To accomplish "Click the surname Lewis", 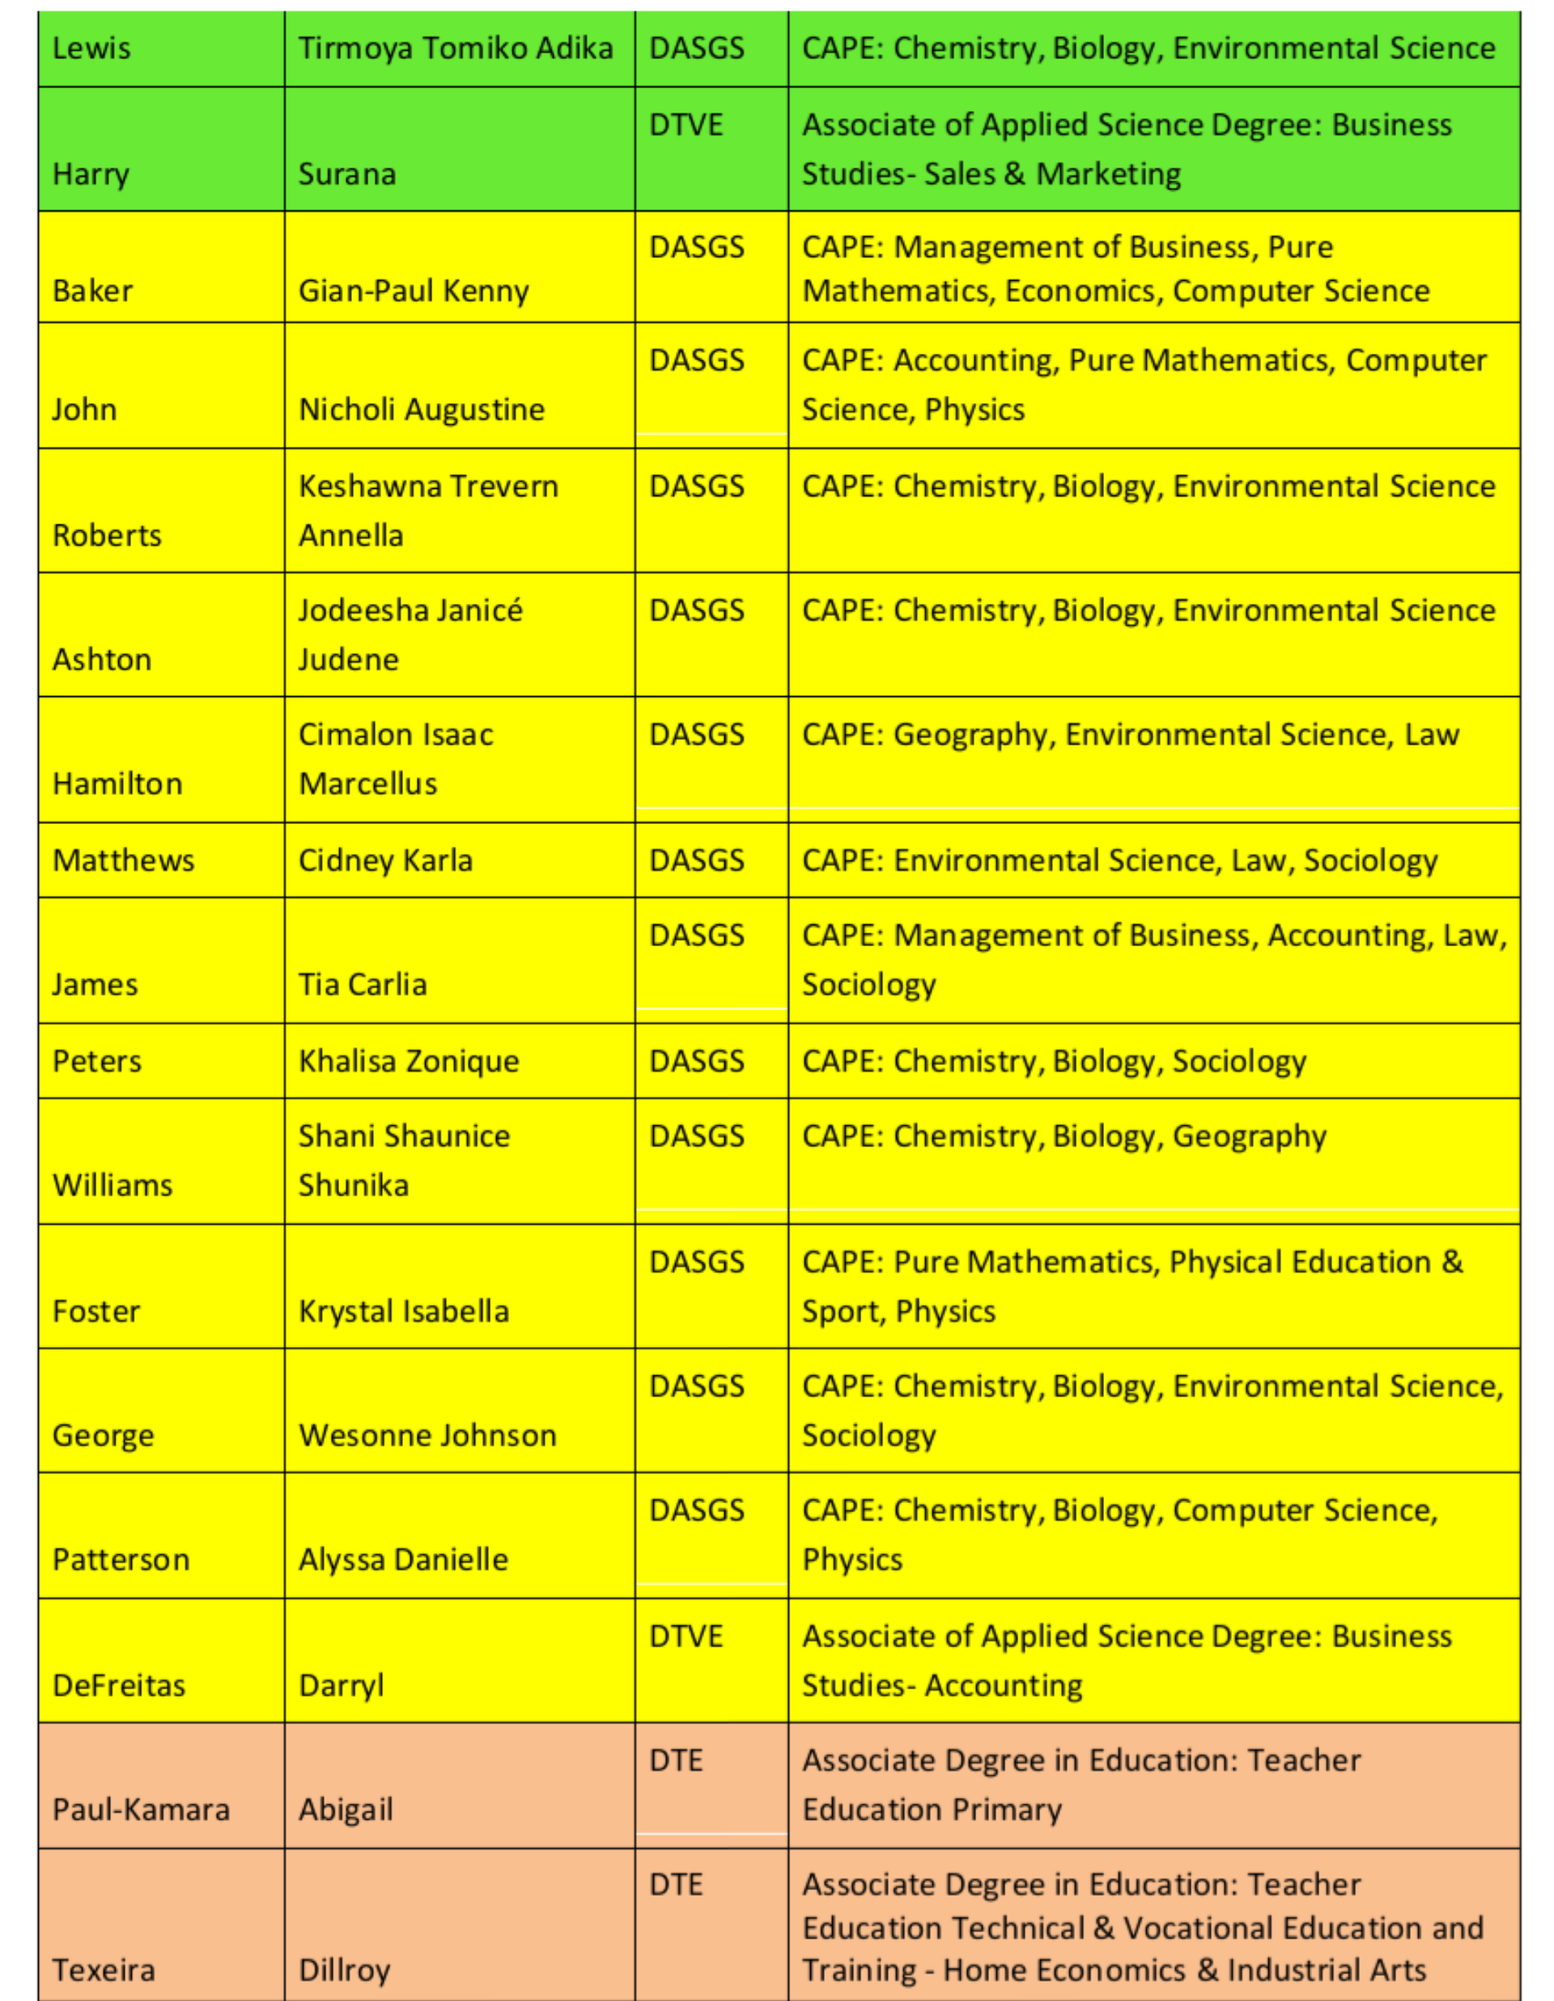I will [x=91, y=49].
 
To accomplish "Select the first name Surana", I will [x=347, y=174].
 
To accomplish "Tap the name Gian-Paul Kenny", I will [x=414, y=291].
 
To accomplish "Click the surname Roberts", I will [x=107, y=536].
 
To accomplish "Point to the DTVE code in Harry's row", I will [x=686, y=125].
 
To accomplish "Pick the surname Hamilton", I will [x=117, y=784].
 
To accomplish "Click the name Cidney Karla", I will [x=386, y=861].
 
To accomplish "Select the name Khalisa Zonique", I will [x=409, y=1062].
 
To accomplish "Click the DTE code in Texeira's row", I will [x=675, y=1884].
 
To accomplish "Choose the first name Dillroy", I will [x=345, y=1970].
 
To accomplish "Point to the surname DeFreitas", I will [x=119, y=1686].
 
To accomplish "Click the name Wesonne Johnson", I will [x=427, y=1436].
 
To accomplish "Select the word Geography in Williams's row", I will [x=1249, y=1137].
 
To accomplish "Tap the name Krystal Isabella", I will [x=403, y=1312].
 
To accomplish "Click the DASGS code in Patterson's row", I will [x=696, y=1510].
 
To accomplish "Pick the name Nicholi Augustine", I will [x=422, y=410].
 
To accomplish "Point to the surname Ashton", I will [x=102, y=660].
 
